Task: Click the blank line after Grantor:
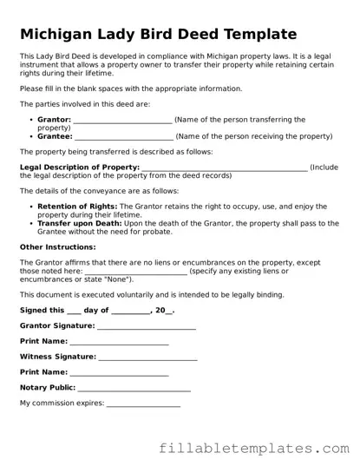(123, 120)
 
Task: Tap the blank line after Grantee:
(124, 136)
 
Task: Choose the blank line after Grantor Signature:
(147, 326)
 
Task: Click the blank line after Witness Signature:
(148, 357)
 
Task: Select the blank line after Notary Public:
(134, 388)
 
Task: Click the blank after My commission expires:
(143, 404)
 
